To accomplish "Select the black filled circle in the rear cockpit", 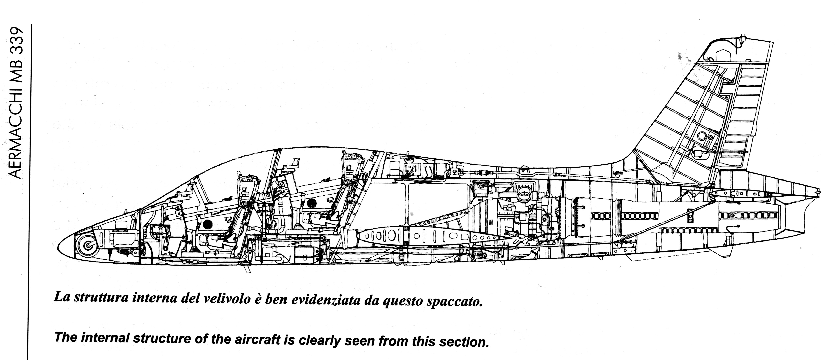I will [312, 203].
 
